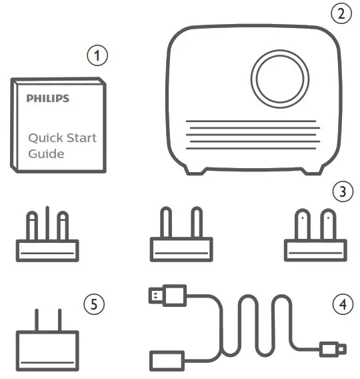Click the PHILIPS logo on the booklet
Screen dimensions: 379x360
pos(47,99)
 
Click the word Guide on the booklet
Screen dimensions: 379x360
pos(46,154)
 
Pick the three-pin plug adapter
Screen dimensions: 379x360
pos(46,240)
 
